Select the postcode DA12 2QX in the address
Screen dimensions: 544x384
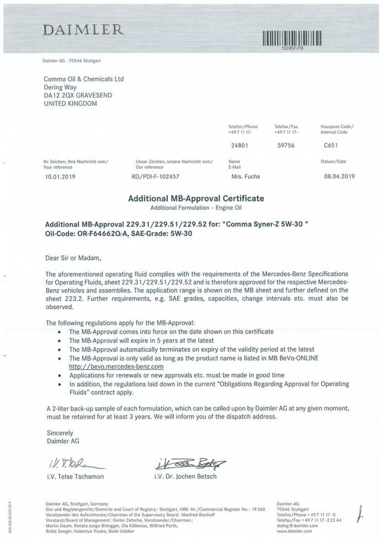[x=58, y=95]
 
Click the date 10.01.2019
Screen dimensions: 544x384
[x=59, y=176]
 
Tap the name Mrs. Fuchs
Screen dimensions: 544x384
[x=245, y=176]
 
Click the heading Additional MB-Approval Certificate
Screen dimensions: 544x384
[x=196, y=199]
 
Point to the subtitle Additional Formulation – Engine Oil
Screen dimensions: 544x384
[x=196, y=207]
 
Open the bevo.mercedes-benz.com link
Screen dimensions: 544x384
[x=116, y=366]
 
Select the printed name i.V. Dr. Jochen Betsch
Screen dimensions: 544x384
[x=185, y=476]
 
